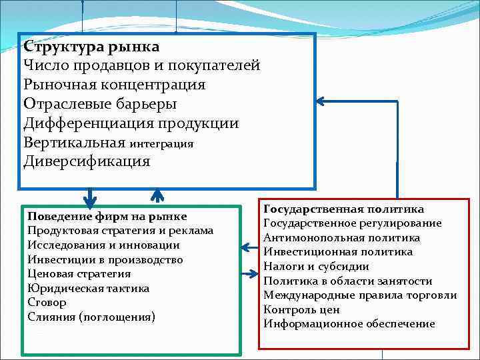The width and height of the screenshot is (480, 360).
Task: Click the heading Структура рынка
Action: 91,47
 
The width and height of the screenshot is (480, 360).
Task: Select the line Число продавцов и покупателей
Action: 141,66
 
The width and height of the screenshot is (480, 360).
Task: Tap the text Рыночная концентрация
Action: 114,85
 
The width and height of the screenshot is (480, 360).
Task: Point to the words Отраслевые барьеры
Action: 100,104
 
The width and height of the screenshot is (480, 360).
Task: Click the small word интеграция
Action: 161,143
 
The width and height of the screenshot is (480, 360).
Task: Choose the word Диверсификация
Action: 87,161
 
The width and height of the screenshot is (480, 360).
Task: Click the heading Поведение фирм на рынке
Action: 107,217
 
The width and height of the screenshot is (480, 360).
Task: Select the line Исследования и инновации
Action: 103,245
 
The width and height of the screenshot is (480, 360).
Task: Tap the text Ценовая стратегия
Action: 79,273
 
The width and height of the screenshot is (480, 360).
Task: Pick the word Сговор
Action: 47,302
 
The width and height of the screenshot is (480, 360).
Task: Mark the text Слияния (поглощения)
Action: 91,316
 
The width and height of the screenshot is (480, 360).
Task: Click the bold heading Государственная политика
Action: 343,209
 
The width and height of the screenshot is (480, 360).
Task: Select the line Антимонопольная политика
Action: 341,237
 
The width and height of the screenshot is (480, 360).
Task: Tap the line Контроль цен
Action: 301,309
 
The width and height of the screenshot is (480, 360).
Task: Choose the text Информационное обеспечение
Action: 349,324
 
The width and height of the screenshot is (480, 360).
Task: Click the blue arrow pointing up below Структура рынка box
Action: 157,195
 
